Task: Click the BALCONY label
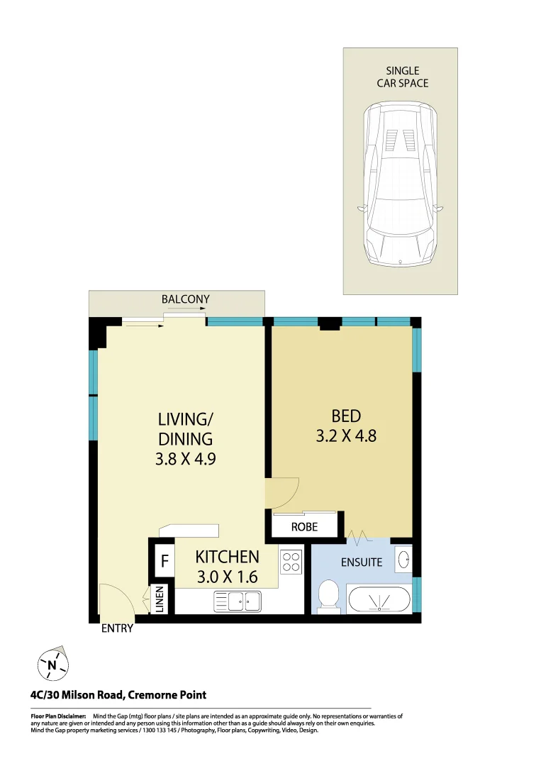(x=185, y=299)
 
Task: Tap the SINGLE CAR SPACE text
(x=402, y=77)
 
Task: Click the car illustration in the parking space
(x=400, y=184)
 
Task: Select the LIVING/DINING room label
(x=185, y=428)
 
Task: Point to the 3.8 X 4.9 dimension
(x=185, y=458)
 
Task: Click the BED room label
(x=346, y=416)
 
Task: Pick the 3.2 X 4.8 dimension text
(x=346, y=435)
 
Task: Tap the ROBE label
(x=304, y=528)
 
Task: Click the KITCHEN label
(x=227, y=557)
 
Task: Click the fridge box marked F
(x=164, y=561)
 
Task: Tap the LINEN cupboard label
(x=160, y=599)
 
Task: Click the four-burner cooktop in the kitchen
(x=291, y=562)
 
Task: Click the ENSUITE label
(x=362, y=562)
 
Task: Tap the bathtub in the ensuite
(x=378, y=600)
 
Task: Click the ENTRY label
(x=117, y=628)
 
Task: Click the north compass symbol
(x=52, y=665)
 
